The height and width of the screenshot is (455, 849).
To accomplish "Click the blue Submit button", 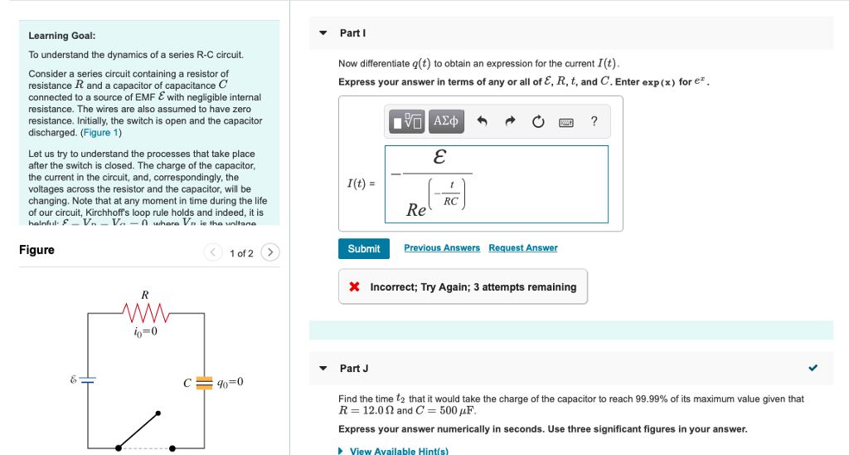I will click(x=363, y=248).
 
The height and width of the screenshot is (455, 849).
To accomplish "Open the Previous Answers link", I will click(x=441, y=248).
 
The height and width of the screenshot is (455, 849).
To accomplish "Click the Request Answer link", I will click(x=522, y=248).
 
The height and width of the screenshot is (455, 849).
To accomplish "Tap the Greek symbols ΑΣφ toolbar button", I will click(x=446, y=121).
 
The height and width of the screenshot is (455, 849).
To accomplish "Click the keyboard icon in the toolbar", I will click(x=566, y=122).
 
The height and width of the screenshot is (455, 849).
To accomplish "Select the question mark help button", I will click(x=594, y=121).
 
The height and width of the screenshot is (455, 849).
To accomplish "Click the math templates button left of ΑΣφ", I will click(x=407, y=121).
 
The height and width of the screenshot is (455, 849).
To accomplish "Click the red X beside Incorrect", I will click(x=354, y=287).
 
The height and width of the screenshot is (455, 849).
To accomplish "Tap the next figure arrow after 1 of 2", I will click(x=270, y=252).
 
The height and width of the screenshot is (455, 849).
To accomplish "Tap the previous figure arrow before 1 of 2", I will click(x=213, y=252).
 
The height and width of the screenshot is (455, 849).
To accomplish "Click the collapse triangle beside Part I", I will click(x=323, y=33).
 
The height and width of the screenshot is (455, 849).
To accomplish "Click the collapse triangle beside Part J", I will click(x=323, y=369).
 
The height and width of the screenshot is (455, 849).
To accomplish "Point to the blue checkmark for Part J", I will click(x=813, y=369).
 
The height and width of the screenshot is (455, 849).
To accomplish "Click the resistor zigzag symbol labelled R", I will click(x=145, y=313).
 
